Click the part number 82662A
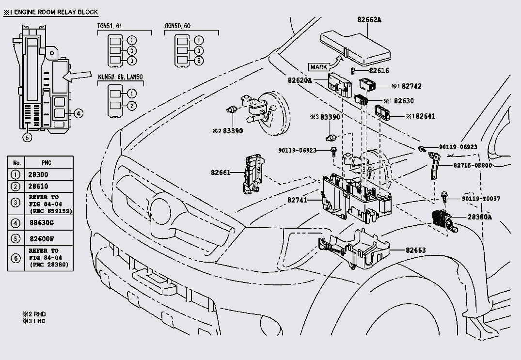pyautogui.click(x=369, y=20)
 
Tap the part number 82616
pyautogui.click(x=379, y=71)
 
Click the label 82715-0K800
pyautogui.click(x=473, y=165)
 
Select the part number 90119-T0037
pyautogui.click(x=481, y=199)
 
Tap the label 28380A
pyautogui.click(x=479, y=217)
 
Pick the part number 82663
pyautogui.click(x=416, y=250)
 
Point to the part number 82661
pyautogui.click(x=221, y=172)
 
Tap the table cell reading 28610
pyautogui.click(x=39, y=186)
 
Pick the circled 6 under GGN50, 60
pyautogui.click(x=200, y=61)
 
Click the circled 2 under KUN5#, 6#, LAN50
pyautogui.click(x=132, y=106)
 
